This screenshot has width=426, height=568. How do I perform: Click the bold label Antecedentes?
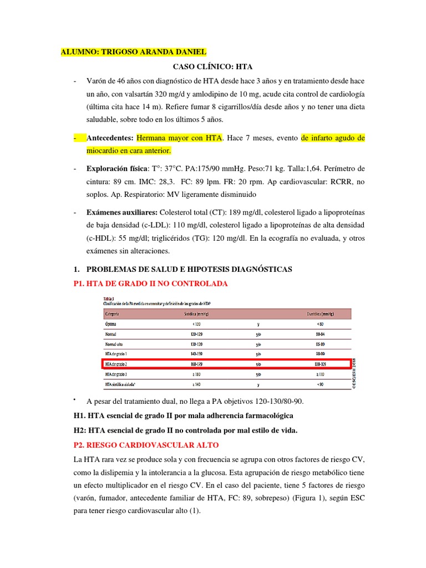click(110, 138)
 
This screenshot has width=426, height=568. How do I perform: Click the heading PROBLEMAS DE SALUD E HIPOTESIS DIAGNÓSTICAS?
click(188, 269)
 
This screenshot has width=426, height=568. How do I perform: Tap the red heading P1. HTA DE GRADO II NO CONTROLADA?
click(150, 283)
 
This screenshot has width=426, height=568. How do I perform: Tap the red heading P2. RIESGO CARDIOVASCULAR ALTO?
click(146, 445)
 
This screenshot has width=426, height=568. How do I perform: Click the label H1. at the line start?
click(80, 416)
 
